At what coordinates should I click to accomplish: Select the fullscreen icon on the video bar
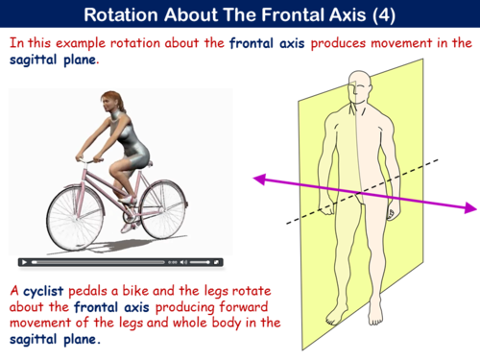pyautogui.click(x=218, y=261)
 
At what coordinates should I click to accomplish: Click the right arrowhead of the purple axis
pyautogui.click(x=470, y=207)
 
